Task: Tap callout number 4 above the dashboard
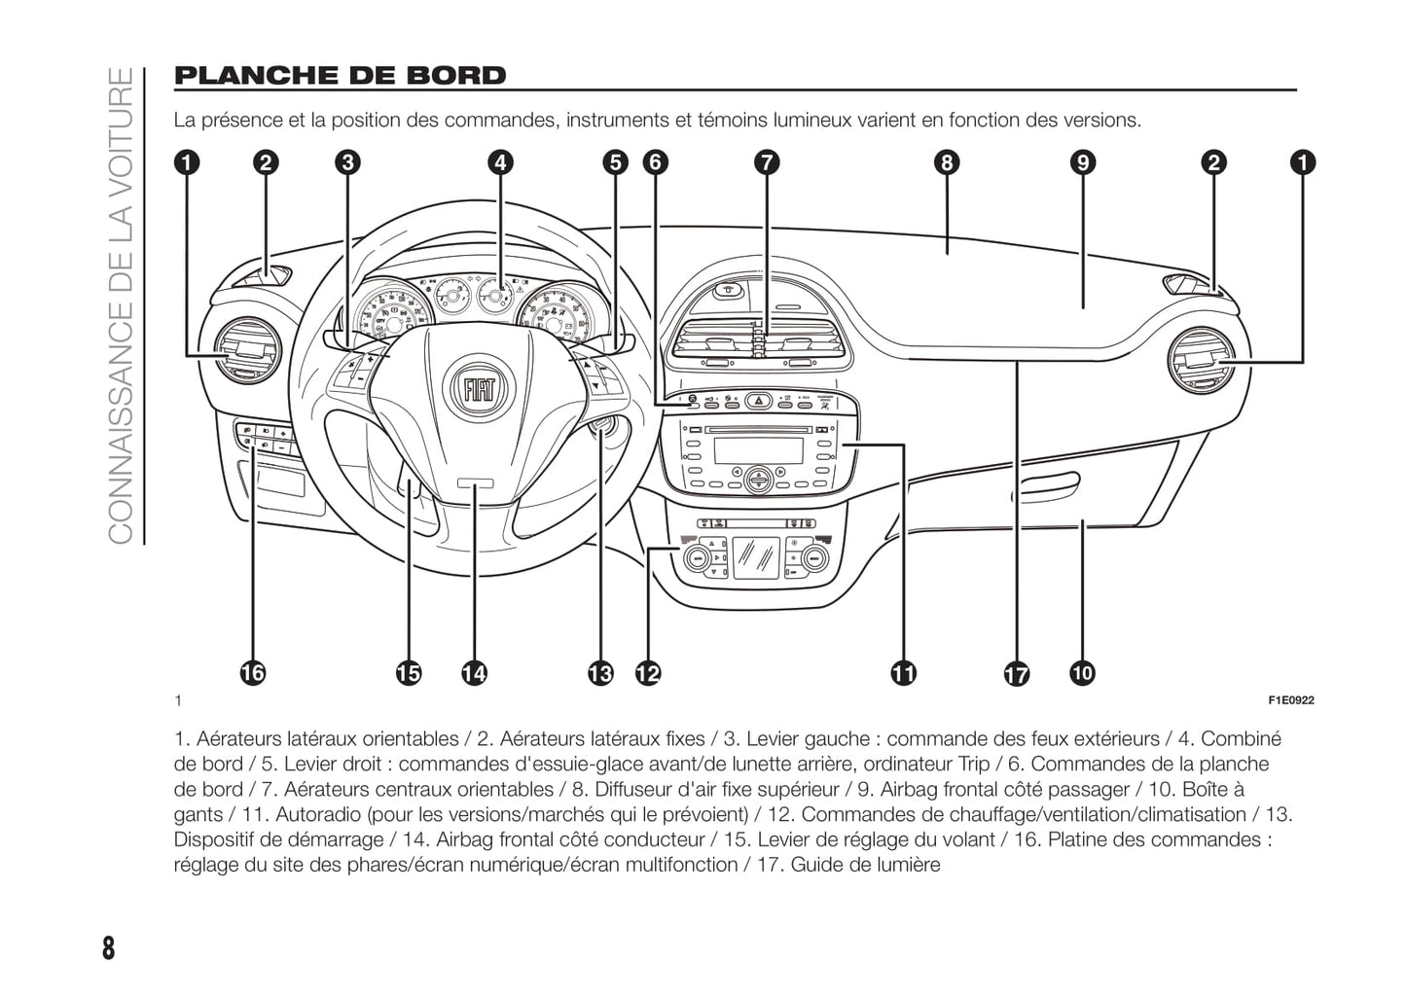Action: [500, 162]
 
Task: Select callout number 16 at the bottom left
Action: [251, 672]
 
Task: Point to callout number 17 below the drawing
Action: [1016, 674]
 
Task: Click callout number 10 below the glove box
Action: [1082, 672]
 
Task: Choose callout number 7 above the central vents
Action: [767, 162]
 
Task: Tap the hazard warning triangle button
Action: [758, 400]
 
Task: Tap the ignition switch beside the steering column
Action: [600, 427]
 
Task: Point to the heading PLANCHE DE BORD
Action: [340, 76]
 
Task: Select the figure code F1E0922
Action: [1290, 700]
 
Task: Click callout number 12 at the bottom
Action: [647, 672]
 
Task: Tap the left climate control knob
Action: [698, 558]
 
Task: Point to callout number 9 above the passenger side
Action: [1082, 162]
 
